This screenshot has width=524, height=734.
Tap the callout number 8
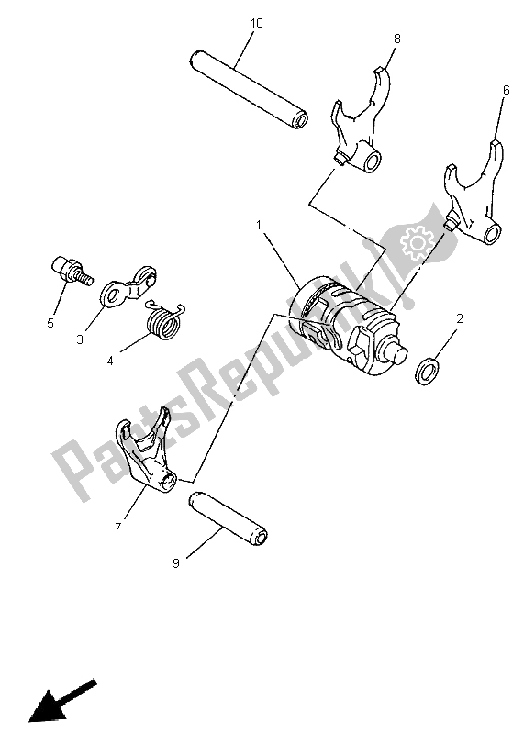397,39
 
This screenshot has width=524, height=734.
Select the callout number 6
505,90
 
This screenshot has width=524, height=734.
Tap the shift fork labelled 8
361,128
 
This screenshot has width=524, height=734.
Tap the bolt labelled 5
67,272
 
